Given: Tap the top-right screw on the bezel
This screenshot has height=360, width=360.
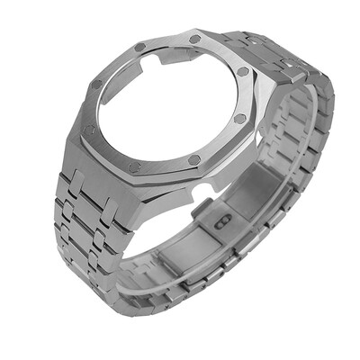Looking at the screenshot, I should (x=195, y=39).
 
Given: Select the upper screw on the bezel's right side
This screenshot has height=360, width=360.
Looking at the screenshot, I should (x=243, y=71).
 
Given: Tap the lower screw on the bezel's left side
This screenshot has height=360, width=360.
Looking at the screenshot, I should (x=89, y=130).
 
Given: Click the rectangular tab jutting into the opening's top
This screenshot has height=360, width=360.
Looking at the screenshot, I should (x=170, y=55).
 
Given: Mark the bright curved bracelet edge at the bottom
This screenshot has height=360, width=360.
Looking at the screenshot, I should (x=180, y=297).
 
